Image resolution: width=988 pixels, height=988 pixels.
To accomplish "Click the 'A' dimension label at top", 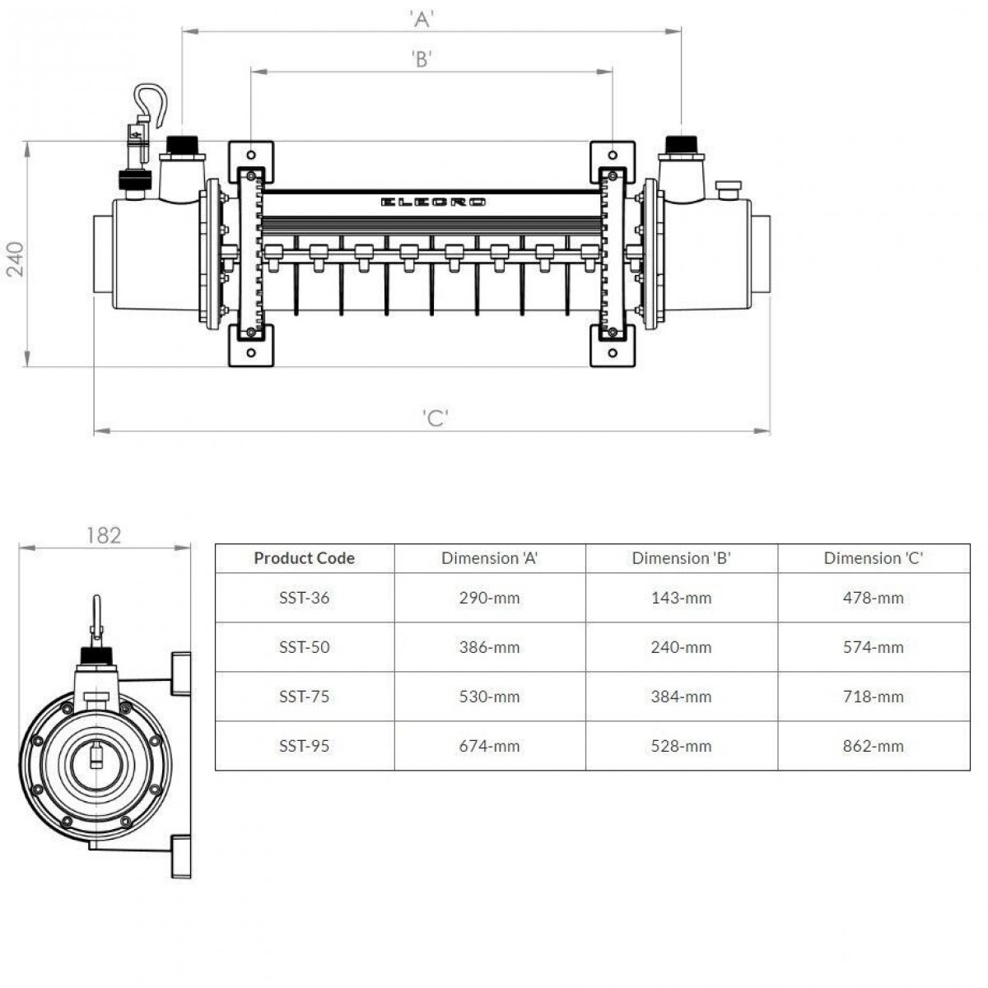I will pos(422,20).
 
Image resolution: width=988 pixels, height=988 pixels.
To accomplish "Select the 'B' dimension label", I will pos(422,59).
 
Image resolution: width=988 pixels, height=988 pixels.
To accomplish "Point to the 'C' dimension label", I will pos(436,418).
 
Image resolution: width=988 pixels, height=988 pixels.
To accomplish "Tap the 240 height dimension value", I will pos(16,259).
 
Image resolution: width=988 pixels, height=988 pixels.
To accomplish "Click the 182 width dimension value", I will pos(104,536).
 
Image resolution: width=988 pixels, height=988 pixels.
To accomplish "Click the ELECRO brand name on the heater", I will pos(433,202).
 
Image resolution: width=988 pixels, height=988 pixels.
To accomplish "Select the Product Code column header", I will pos(304,558).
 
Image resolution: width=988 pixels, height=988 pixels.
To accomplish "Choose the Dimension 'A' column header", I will pos(489,558).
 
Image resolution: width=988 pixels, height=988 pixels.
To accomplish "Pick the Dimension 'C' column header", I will pos(873,558).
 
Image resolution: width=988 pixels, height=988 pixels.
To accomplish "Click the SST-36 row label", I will pos(304,598).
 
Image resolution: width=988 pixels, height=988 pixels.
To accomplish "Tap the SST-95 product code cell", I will pos(304,746).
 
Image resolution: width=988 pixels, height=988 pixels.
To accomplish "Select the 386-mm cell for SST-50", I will pos(489,647).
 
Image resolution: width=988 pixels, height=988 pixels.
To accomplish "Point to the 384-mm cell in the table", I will pos(681,697).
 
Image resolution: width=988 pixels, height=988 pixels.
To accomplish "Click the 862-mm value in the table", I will pos(873,746).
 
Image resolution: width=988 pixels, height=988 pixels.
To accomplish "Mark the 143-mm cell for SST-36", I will pos(681,598).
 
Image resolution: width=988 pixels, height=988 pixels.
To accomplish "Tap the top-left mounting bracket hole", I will pos(251,155).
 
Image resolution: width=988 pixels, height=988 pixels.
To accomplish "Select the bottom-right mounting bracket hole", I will pos(612,352).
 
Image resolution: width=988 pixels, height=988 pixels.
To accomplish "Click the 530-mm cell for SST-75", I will pos(489,697).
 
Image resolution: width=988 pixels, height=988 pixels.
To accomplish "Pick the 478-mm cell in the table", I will pos(873,598).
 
